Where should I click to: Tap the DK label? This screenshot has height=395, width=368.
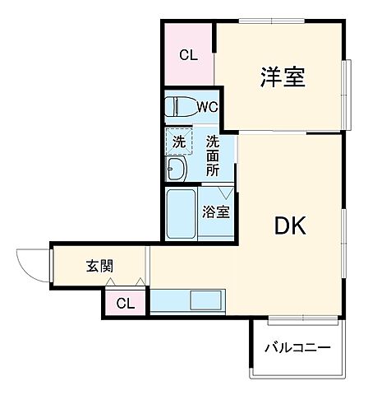tap(288, 225)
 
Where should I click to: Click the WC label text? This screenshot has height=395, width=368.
tap(207, 107)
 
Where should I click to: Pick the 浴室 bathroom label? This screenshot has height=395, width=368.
tap(216, 211)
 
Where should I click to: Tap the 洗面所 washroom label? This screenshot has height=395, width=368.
tap(213, 155)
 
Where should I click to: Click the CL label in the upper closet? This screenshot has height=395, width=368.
tap(189, 56)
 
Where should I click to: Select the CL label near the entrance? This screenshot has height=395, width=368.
tap(124, 304)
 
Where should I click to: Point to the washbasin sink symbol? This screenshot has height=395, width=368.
tap(177, 170)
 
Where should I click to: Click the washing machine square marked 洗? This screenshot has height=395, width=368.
tap(178, 141)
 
